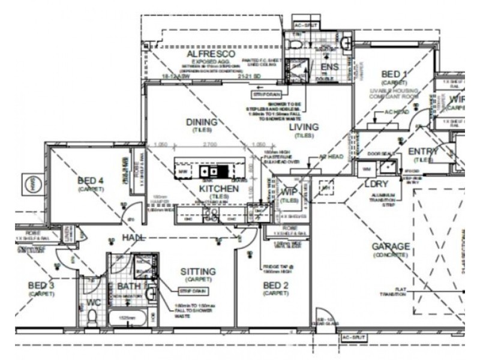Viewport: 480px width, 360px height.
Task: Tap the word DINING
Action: [x=201, y=122]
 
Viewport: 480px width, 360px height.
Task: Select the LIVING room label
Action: [x=304, y=127]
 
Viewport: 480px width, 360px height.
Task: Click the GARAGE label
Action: [x=390, y=247]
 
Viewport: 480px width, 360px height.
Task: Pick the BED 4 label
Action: [x=91, y=180]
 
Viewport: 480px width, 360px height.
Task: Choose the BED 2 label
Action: [x=277, y=286]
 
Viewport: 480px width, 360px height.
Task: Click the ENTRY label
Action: [x=424, y=151]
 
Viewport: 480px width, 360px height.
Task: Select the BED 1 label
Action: [x=394, y=74]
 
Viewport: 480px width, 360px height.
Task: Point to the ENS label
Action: [x=330, y=67]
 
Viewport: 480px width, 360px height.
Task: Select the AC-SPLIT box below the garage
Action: [x=353, y=338]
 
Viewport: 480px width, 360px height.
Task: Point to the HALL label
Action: [x=134, y=238]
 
